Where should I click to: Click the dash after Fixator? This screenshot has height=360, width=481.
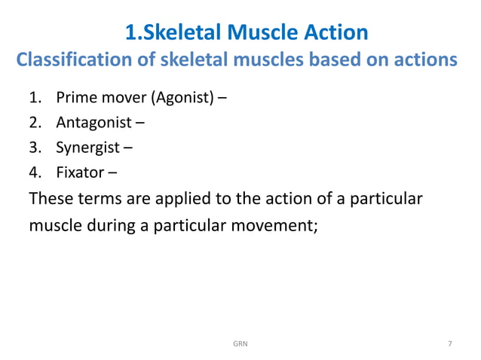tap(112, 173)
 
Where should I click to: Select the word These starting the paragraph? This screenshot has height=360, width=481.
tap(51, 199)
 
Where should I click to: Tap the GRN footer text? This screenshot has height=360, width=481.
tap(240, 344)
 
